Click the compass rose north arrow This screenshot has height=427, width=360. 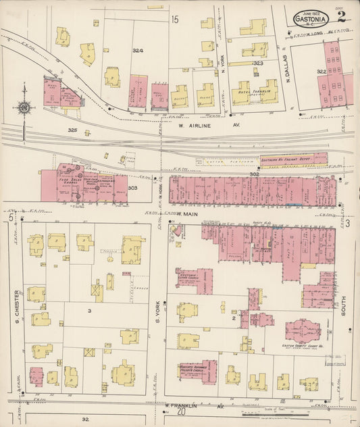pos(24,107)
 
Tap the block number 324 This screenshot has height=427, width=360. pos(138,51)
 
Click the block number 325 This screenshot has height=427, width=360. pos(72,129)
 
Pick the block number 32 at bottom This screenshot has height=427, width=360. pos(85,420)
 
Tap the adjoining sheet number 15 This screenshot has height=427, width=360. pos(175,20)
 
